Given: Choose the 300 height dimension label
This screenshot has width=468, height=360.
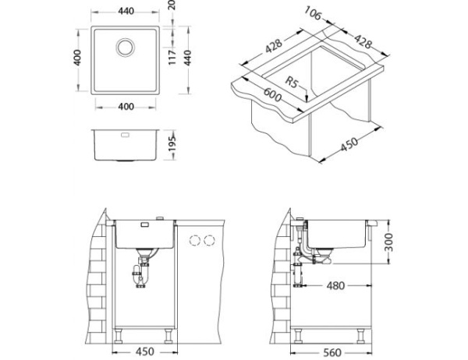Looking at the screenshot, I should point(399,243).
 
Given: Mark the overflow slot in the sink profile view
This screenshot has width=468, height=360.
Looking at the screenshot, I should point(125,135).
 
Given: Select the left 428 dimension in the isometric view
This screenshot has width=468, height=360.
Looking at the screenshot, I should point(271,47).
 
